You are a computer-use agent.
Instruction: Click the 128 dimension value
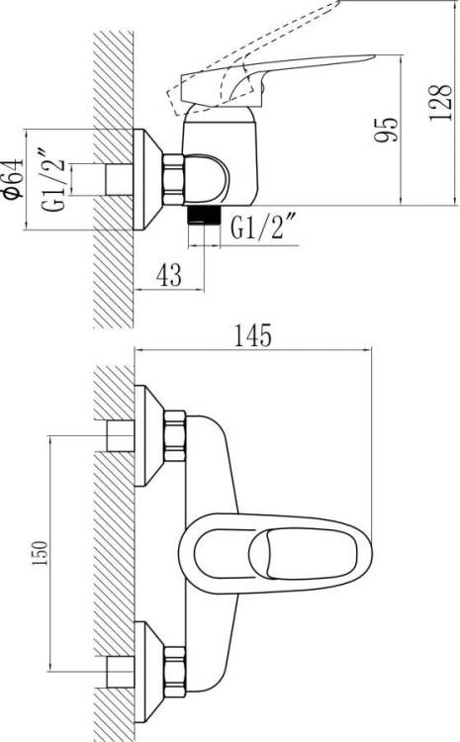point(440,103)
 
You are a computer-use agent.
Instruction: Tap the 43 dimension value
point(169,275)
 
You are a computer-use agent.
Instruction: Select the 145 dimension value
point(253,335)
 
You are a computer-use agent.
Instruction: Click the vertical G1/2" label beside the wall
point(52,180)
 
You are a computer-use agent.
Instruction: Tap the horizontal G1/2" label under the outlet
point(263,228)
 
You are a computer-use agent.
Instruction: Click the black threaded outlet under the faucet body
point(204,215)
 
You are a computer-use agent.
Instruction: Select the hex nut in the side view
point(173,179)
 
